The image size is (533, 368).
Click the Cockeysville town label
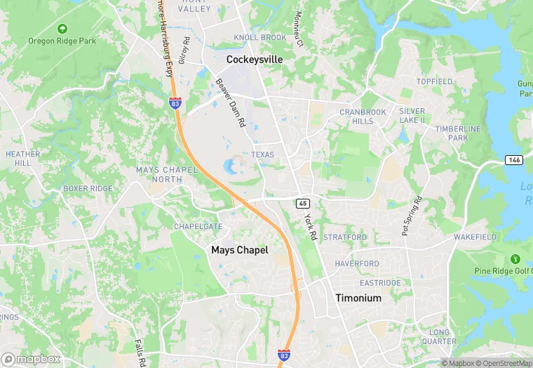tap(255, 60)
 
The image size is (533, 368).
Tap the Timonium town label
tap(358, 298)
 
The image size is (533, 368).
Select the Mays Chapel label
tap(240, 250)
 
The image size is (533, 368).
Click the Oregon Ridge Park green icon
tap(62, 29)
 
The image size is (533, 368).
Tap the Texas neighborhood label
tap(263, 155)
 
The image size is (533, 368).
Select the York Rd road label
tap(311, 228)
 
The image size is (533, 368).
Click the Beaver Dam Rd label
tap(230, 103)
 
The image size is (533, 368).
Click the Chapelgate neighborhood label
tap(198, 227)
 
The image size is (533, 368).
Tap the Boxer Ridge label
tap(88, 189)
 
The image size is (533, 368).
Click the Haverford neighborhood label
tap(357, 264)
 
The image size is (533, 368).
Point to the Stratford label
tap(345, 237)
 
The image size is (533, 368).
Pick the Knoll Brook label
tap(259, 37)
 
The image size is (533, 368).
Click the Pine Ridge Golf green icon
tap(516, 259)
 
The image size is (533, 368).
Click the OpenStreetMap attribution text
tap(503, 363)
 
